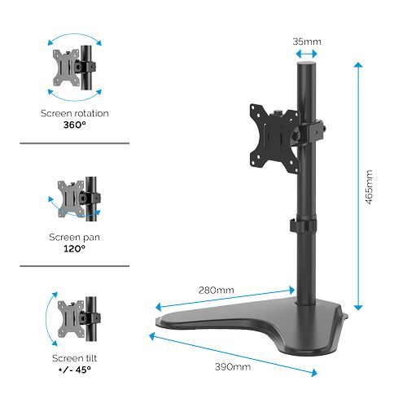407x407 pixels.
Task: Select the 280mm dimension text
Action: click(217, 289)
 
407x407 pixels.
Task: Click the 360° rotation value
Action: click(75, 125)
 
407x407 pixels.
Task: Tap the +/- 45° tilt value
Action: click(75, 369)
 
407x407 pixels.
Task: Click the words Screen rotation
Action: click(75, 114)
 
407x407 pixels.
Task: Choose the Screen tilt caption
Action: click(75, 357)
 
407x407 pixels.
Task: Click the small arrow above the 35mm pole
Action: click(307, 55)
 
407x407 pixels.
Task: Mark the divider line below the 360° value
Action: click(75, 143)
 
